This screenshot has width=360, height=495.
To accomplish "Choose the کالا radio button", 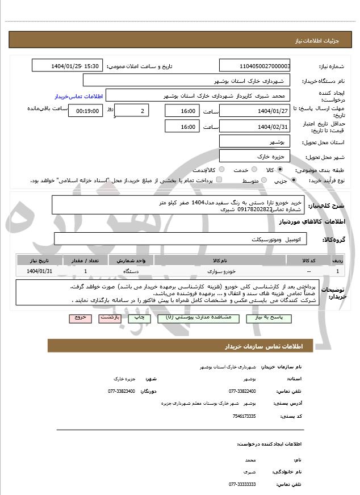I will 280,170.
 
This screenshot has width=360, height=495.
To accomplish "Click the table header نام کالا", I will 216,260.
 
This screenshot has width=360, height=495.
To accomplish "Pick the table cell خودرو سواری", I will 216,271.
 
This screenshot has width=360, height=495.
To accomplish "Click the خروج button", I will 79,318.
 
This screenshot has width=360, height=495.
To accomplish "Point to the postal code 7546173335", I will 244,416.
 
